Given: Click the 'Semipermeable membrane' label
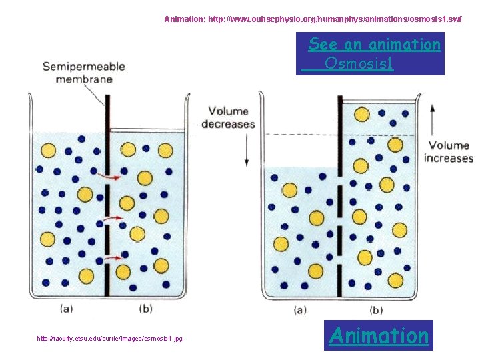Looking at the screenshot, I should coord(84,73).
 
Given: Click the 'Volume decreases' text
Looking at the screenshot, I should coord(228,117).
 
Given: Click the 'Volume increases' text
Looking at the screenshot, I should coord(449,152).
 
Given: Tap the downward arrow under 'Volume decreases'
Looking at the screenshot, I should coord(247,149).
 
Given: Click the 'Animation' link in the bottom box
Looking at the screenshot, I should coord(379,335).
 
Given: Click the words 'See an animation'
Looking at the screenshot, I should coord(374,45).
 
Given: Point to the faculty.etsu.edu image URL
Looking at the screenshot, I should coord(110,339).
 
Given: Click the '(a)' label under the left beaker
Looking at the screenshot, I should coord(67,308).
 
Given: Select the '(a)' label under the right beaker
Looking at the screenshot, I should coord(300,310).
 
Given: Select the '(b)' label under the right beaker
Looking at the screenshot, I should coord(376,310).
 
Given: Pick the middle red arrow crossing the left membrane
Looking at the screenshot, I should coord(113,217).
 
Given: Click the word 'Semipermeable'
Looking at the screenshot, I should coord(84,67).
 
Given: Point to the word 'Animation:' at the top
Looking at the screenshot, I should coord(185,19).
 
